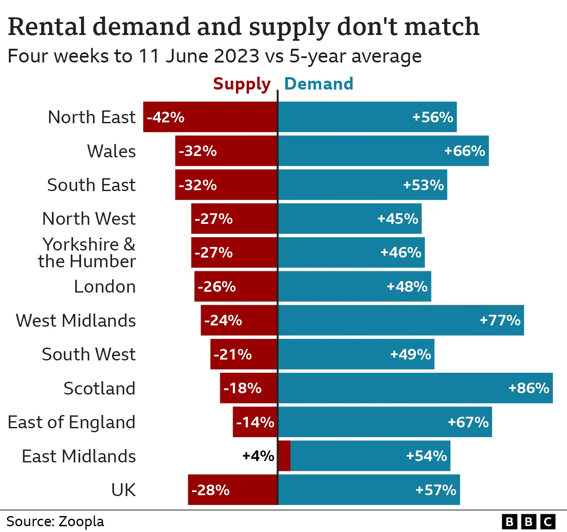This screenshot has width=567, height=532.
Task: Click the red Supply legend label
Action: [x=241, y=84]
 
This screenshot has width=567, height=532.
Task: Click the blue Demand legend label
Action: [x=318, y=84]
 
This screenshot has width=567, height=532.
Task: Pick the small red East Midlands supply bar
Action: [x=284, y=456]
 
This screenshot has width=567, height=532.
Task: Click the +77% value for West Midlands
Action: [x=500, y=320]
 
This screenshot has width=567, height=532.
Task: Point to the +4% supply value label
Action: [x=258, y=456]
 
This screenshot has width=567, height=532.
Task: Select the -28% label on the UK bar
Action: [x=210, y=490]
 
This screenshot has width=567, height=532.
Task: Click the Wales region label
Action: [x=111, y=151]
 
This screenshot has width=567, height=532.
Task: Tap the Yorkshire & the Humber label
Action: [x=87, y=253]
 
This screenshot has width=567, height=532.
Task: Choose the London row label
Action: [x=105, y=287]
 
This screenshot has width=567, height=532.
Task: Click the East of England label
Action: [x=71, y=422]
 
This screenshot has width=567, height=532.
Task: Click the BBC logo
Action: [x=528, y=521]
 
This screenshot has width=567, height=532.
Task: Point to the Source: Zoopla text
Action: [x=55, y=521]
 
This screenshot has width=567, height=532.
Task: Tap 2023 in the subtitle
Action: [x=236, y=56]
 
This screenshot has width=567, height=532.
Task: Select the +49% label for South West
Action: [x=410, y=354]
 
